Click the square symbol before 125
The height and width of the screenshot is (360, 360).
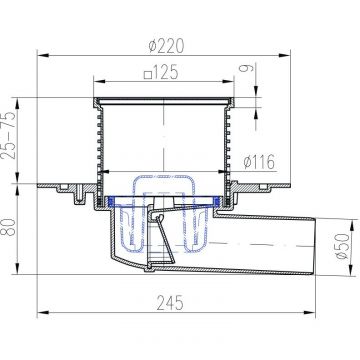tap(148, 75)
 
